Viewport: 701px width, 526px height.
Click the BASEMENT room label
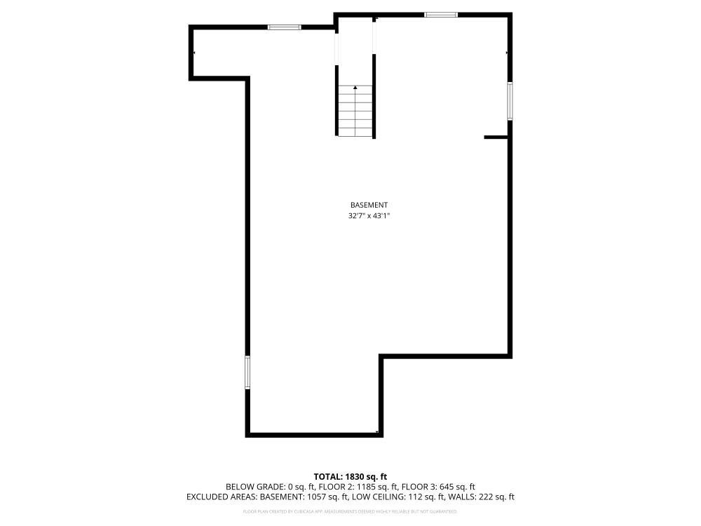[369, 205]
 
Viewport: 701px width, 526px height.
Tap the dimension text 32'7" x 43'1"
[369, 216]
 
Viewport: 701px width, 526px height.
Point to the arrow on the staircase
[355, 88]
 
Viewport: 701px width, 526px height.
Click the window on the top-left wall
[285, 27]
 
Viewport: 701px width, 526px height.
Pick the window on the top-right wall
[441, 14]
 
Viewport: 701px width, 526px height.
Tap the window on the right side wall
[510, 101]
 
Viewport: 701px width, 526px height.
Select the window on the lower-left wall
[247, 372]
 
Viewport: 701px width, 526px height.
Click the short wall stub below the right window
[496, 137]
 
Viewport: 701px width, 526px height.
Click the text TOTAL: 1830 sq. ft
[350, 476]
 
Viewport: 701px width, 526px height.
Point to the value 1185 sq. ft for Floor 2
[377, 487]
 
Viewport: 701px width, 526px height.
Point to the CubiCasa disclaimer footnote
[350, 512]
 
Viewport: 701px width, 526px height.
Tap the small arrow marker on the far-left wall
[194, 53]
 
